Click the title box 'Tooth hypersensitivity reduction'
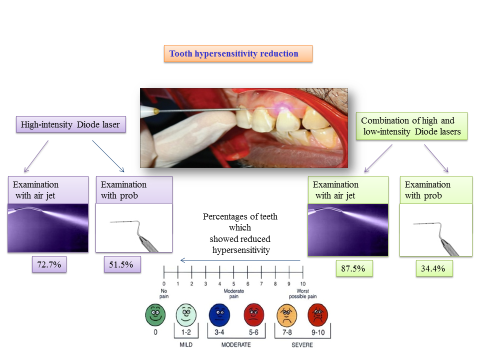coord(238,53)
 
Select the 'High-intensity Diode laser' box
coord(70,124)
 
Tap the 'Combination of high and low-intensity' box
coord(411,126)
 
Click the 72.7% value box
coord(49,265)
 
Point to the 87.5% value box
coord(353,268)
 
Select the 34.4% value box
coord(433,269)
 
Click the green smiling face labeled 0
coord(155,315)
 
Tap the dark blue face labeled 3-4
coord(219,314)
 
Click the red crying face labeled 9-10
coord(318,314)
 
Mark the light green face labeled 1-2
coord(186,315)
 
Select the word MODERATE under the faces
coord(235,345)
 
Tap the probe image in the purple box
coord(133,227)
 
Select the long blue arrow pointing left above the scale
coord(240,260)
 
